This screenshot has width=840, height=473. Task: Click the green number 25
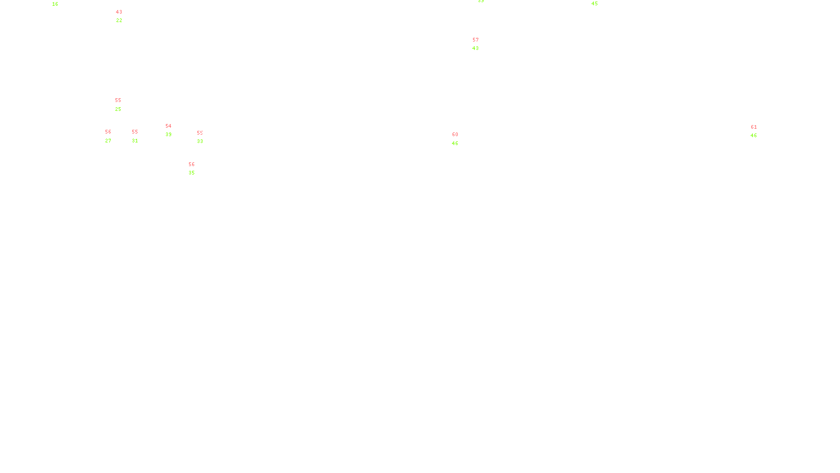(118, 109)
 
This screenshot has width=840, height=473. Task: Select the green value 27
(108, 141)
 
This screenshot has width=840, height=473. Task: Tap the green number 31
(135, 141)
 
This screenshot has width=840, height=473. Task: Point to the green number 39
(169, 135)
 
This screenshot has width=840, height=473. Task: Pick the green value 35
(192, 173)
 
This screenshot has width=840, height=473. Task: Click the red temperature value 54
(169, 126)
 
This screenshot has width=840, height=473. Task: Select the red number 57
(476, 40)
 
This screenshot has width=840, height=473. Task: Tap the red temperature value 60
(455, 135)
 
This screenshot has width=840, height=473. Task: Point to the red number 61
(754, 127)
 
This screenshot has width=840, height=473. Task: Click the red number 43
(119, 12)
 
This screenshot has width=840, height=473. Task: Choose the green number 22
(119, 20)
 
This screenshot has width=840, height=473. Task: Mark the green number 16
(55, 4)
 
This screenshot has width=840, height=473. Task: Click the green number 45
(594, 4)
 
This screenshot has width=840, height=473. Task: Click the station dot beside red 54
(173, 130)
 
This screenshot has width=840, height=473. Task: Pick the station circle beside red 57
(480, 44)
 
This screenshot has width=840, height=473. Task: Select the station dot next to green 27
(113, 136)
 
